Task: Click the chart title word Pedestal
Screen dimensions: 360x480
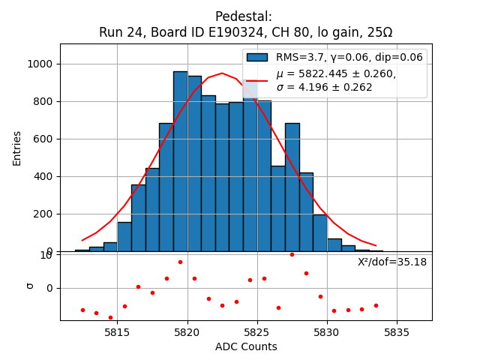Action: tap(243, 16)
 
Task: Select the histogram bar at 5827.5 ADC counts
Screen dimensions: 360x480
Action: tap(292, 187)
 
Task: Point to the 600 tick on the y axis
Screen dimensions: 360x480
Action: tap(43, 139)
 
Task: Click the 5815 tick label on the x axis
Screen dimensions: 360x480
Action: tap(117, 332)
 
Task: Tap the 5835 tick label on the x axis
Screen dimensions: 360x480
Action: tap(397, 332)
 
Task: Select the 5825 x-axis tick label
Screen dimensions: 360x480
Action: tap(257, 332)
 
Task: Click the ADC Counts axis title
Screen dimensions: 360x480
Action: tap(246, 346)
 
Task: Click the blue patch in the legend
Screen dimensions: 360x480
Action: tap(257, 57)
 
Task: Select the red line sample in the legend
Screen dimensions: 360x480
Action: tap(257, 80)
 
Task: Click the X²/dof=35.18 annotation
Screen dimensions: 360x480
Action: tap(391, 262)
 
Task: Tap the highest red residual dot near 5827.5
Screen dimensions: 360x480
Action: tap(292, 254)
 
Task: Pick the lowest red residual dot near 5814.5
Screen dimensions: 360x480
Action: tap(110, 317)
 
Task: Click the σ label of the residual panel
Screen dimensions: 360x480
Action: tap(31, 285)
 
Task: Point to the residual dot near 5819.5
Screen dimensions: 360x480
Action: tap(180, 262)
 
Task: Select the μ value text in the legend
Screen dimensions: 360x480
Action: tap(336, 73)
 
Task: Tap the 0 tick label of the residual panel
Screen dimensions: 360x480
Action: tap(49, 288)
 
